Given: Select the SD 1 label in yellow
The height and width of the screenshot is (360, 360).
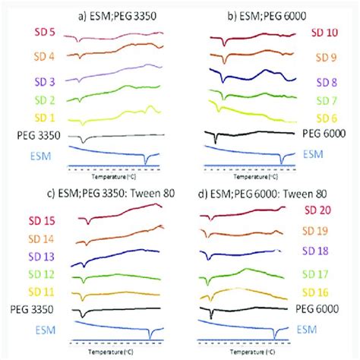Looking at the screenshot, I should (x=45, y=118).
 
